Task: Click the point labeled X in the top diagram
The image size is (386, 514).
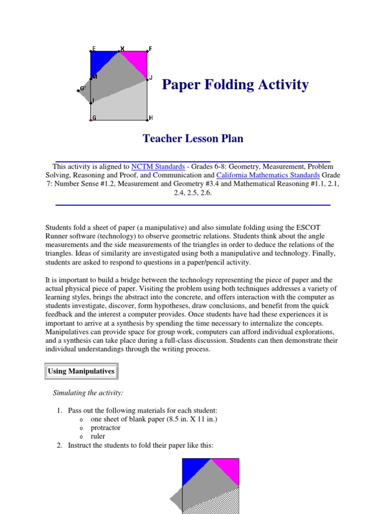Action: point(119,51)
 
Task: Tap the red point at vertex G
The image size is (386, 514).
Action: point(91,120)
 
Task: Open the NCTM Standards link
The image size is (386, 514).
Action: point(158,167)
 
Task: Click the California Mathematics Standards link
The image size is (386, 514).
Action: point(268,175)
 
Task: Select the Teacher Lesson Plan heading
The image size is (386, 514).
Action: point(193,139)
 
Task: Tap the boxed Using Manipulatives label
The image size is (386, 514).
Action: point(81,371)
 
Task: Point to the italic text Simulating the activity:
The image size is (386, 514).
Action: point(88,393)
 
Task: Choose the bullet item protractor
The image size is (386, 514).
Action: point(105,428)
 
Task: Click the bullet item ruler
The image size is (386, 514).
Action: point(98,437)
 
